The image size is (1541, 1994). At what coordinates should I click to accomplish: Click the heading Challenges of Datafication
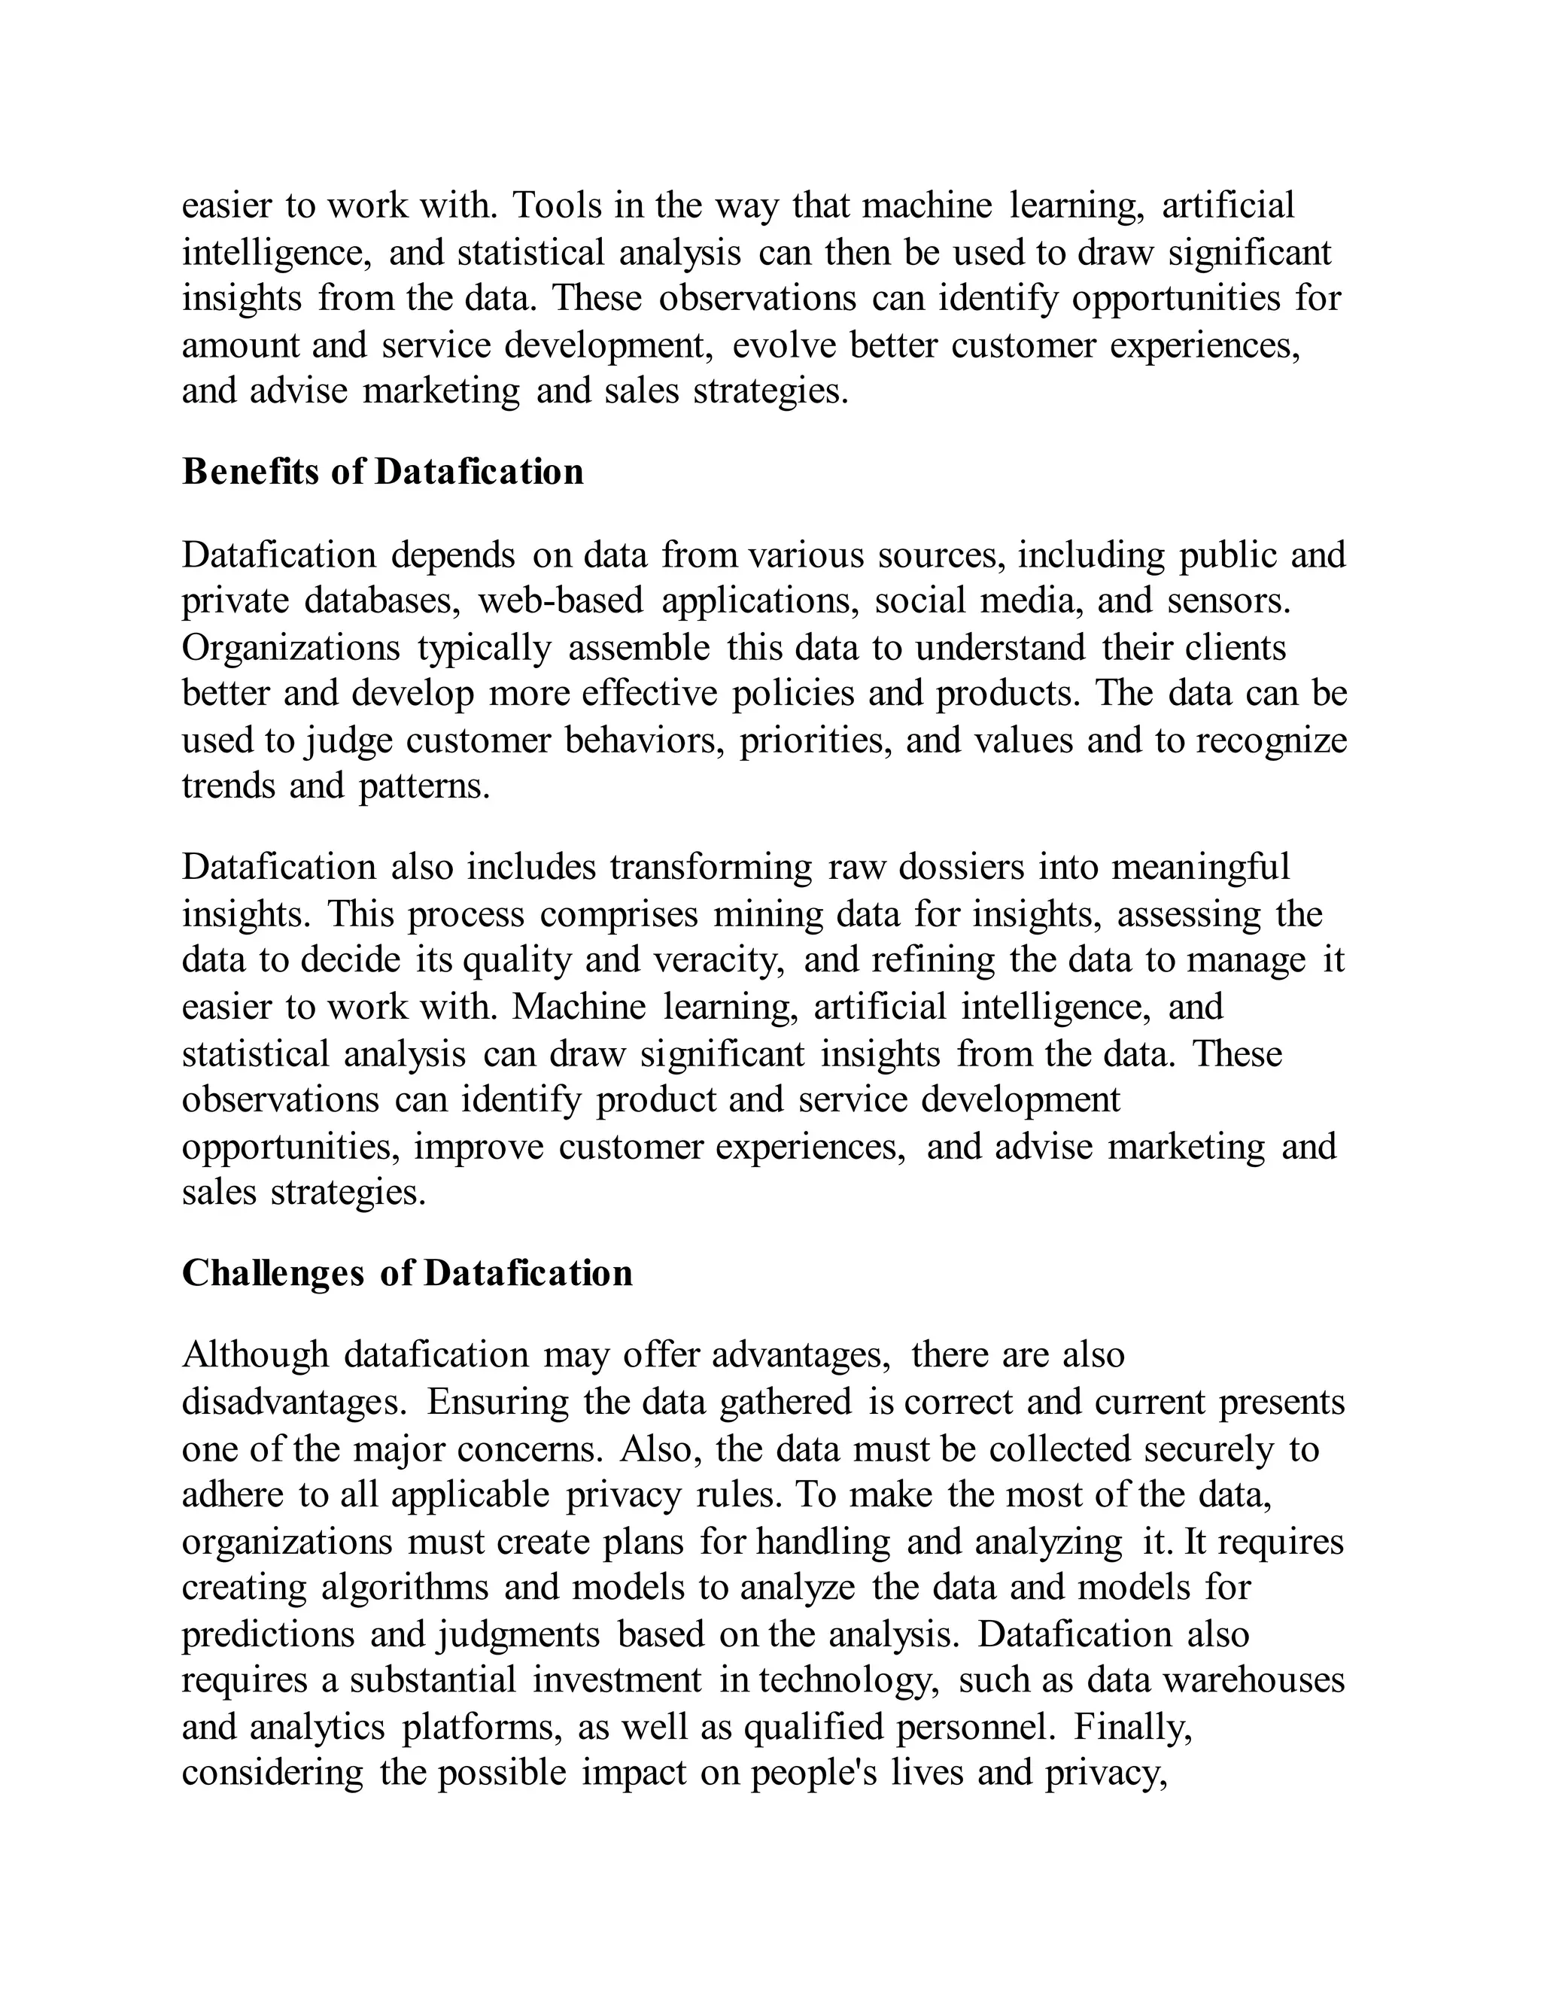(406, 1272)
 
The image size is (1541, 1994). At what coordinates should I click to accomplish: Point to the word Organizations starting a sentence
(290, 648)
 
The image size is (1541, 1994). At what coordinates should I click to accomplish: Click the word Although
(255, 1355)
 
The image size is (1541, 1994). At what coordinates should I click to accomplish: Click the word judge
(348, 740)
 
